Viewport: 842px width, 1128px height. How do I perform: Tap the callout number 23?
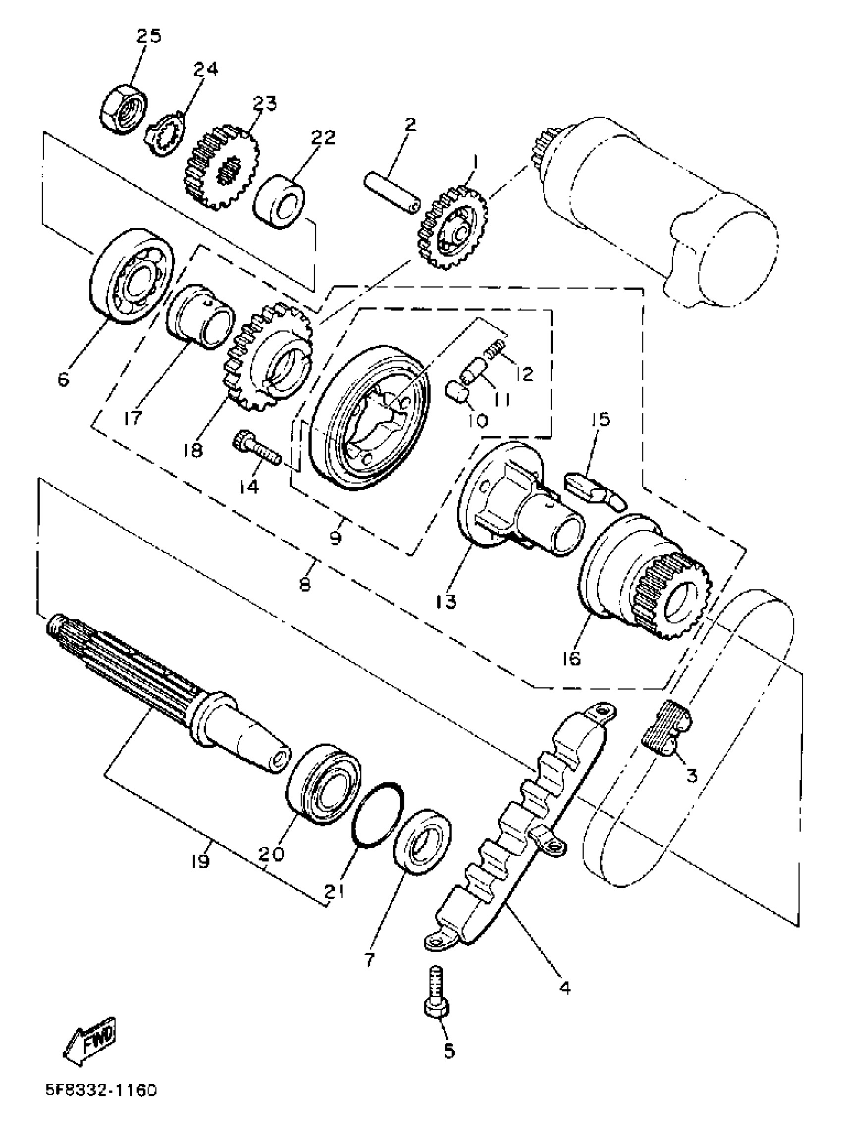[264, 103]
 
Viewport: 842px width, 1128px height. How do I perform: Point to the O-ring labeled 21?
[378, 815]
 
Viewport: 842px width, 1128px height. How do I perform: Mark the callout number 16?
[573, 659]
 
